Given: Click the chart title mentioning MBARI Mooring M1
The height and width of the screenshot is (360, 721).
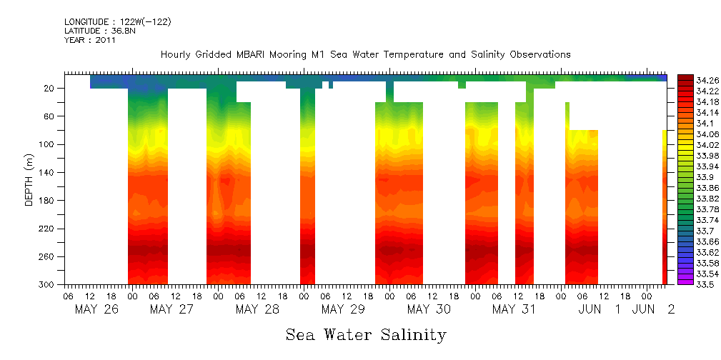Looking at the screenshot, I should [365, 54].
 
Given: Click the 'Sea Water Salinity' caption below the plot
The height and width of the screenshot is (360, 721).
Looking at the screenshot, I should [366, 334].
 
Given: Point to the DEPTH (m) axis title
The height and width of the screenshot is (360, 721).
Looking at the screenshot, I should [29, 182].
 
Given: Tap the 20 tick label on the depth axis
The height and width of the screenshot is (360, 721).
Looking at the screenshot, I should [49, 88].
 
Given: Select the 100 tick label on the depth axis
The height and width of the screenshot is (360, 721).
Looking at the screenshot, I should [47, 144].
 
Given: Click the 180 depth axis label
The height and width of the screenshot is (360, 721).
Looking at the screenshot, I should [47, 201].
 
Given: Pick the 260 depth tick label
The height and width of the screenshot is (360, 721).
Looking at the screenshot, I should [47, 256].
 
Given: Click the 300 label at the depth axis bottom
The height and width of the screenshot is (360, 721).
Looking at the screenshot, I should [47, 284].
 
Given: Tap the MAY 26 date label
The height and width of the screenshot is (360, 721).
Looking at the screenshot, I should [96, 309].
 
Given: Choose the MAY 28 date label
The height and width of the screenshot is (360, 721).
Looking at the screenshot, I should [257, 309].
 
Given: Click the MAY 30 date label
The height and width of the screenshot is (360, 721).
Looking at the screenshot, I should [429, 309].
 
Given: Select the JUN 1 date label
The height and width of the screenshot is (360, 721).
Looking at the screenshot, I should [601, 309].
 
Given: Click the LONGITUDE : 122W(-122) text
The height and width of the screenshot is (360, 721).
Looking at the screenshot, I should [117, 22].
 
